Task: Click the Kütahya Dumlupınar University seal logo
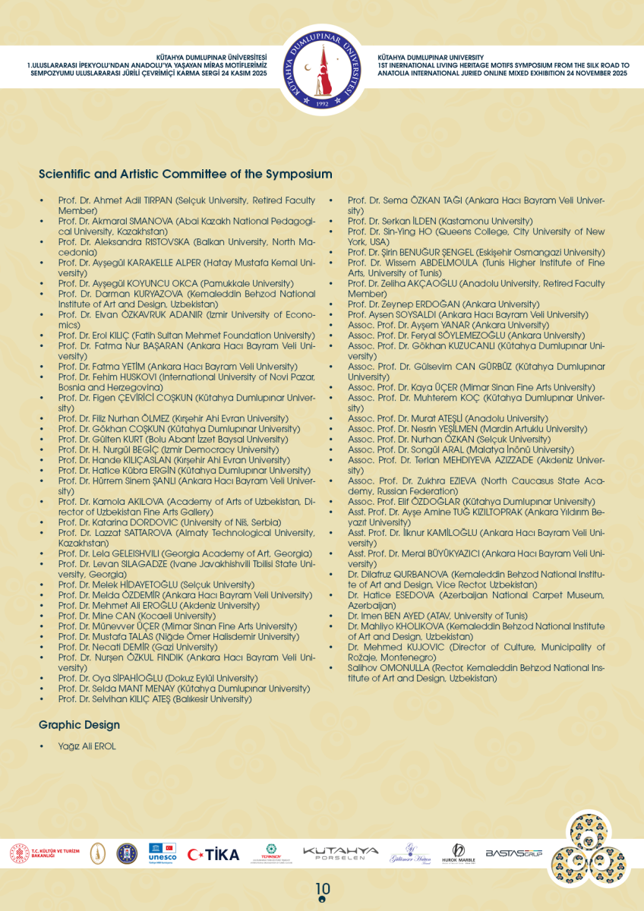pos(322,72)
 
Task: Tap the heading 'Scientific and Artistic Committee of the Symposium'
pos(185,174)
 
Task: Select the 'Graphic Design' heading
pos(79,725)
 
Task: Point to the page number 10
pos(323,889)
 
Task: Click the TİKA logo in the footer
pos(213,854)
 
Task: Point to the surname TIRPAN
pos(156,200)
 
